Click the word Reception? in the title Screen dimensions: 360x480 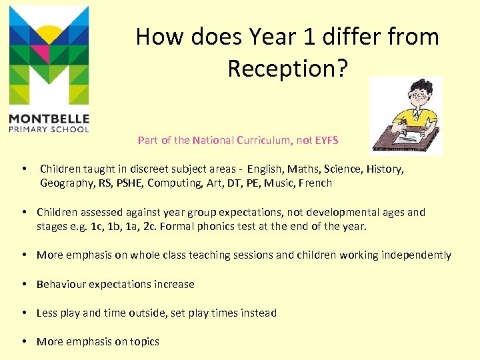click(x=287, y=68)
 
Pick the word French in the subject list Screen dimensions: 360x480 click(x=315, y=183)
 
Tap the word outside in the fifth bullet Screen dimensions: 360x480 click(x=145, y=313)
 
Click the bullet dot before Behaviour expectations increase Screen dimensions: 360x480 click(x=24, y=285)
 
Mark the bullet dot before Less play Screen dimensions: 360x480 click(x=24, y=313)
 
